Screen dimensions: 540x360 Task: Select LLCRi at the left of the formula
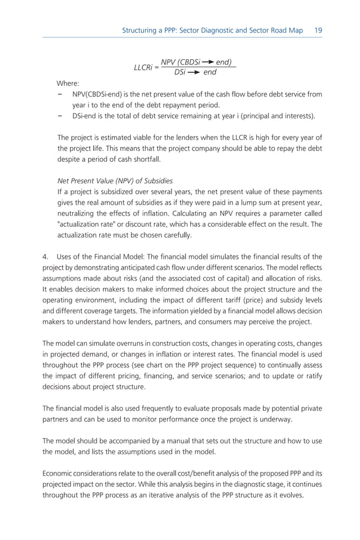click(143, 67)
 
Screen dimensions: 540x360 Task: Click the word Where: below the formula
click(68, 83)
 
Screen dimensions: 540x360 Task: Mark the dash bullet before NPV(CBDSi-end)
click(60, 94)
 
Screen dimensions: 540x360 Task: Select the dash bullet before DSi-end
click(60, 116)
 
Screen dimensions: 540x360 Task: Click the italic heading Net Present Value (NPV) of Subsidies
click(115, 181)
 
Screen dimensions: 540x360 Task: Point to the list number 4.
click(45, 257)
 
